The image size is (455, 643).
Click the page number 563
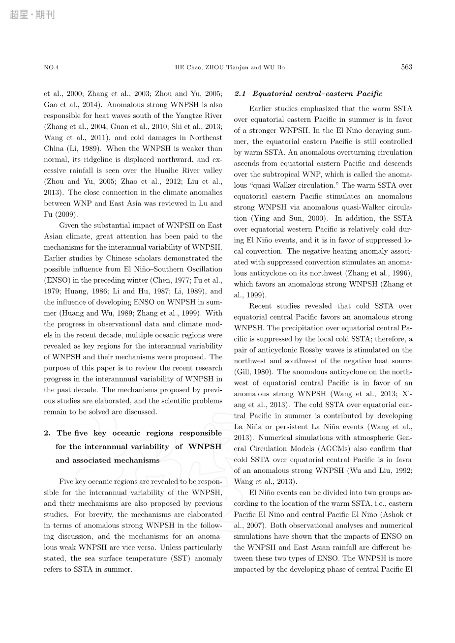click(x=406, y=67)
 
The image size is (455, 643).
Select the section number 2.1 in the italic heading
click(x=241, y=93)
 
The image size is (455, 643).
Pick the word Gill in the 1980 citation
click(x=242, y=372)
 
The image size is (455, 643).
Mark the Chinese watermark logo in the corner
click(x=31, y=15)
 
